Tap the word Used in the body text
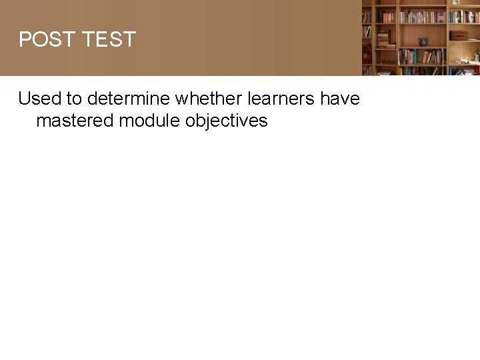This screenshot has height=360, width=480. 39,99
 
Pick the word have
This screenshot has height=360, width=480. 339,99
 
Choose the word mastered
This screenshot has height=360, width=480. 75,121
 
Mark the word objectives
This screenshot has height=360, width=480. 227,121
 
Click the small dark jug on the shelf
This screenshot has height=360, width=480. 422,41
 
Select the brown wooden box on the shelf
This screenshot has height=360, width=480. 459,35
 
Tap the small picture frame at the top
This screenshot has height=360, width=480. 456,3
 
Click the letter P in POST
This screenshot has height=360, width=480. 25,39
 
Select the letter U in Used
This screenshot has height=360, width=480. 25,99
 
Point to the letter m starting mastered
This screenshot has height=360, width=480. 43,121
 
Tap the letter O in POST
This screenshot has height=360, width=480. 39,39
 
